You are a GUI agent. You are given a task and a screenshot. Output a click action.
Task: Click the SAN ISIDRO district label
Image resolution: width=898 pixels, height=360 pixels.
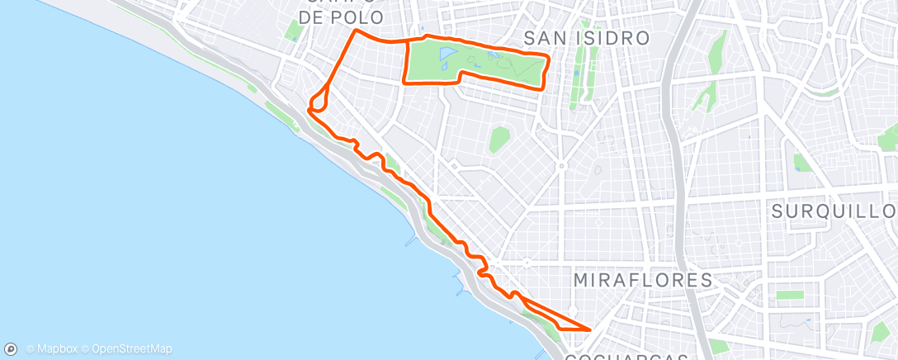point(587,38)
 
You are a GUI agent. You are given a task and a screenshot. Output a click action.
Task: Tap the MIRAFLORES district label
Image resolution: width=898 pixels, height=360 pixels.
point(643,280)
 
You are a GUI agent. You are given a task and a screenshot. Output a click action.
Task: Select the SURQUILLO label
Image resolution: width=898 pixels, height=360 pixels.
point(834,211)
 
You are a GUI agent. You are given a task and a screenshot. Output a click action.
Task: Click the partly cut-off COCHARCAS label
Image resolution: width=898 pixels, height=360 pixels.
point(626,356)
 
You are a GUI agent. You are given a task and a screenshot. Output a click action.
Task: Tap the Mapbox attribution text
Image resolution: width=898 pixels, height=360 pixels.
point(51,349)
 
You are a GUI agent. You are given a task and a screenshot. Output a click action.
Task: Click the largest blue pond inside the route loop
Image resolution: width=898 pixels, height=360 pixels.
point(447,56)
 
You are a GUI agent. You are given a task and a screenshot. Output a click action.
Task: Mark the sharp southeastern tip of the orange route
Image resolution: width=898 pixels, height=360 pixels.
point(590,329)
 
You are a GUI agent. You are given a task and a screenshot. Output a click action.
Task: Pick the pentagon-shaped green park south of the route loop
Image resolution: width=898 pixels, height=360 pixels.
point(499,140)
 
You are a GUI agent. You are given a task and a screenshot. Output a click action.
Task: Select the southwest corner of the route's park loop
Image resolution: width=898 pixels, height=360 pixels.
point(404,83)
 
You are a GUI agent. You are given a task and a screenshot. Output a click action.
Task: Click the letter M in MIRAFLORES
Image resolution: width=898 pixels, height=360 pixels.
point(582,280)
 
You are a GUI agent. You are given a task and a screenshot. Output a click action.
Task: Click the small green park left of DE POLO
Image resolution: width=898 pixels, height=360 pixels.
point(291,30)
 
